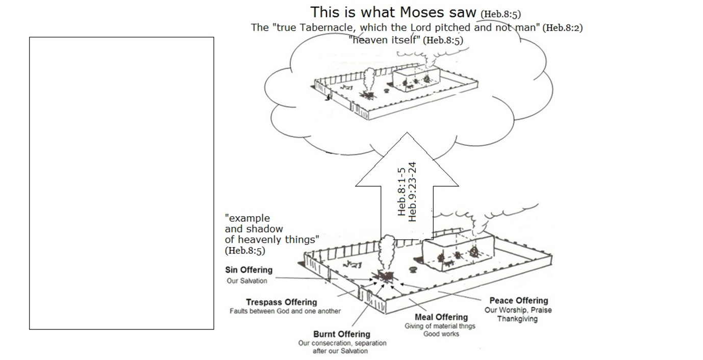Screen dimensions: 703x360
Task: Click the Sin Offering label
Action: pos(249,270)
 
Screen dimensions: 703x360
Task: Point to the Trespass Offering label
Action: pos(282,302)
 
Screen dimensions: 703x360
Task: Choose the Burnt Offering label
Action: pos(342,335)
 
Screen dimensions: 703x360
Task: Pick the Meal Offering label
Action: pos(441,317)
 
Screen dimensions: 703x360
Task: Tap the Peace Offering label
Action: pos(519,301)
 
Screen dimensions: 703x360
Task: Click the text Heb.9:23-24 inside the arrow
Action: pos(412,192)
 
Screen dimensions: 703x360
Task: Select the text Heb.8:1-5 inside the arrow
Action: pos(401,192)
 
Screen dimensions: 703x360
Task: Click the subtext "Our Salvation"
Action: pos(247,281)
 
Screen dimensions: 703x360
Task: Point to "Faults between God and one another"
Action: pos(285,312)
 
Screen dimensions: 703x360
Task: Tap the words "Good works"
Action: pos(441,334)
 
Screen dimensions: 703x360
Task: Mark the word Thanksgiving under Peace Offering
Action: pos(517,319)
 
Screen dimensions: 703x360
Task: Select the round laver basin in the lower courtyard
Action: pos(413,269)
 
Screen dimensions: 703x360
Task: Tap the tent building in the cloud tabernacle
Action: pos(416,78)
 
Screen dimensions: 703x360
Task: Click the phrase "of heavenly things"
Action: pos(272,240)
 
